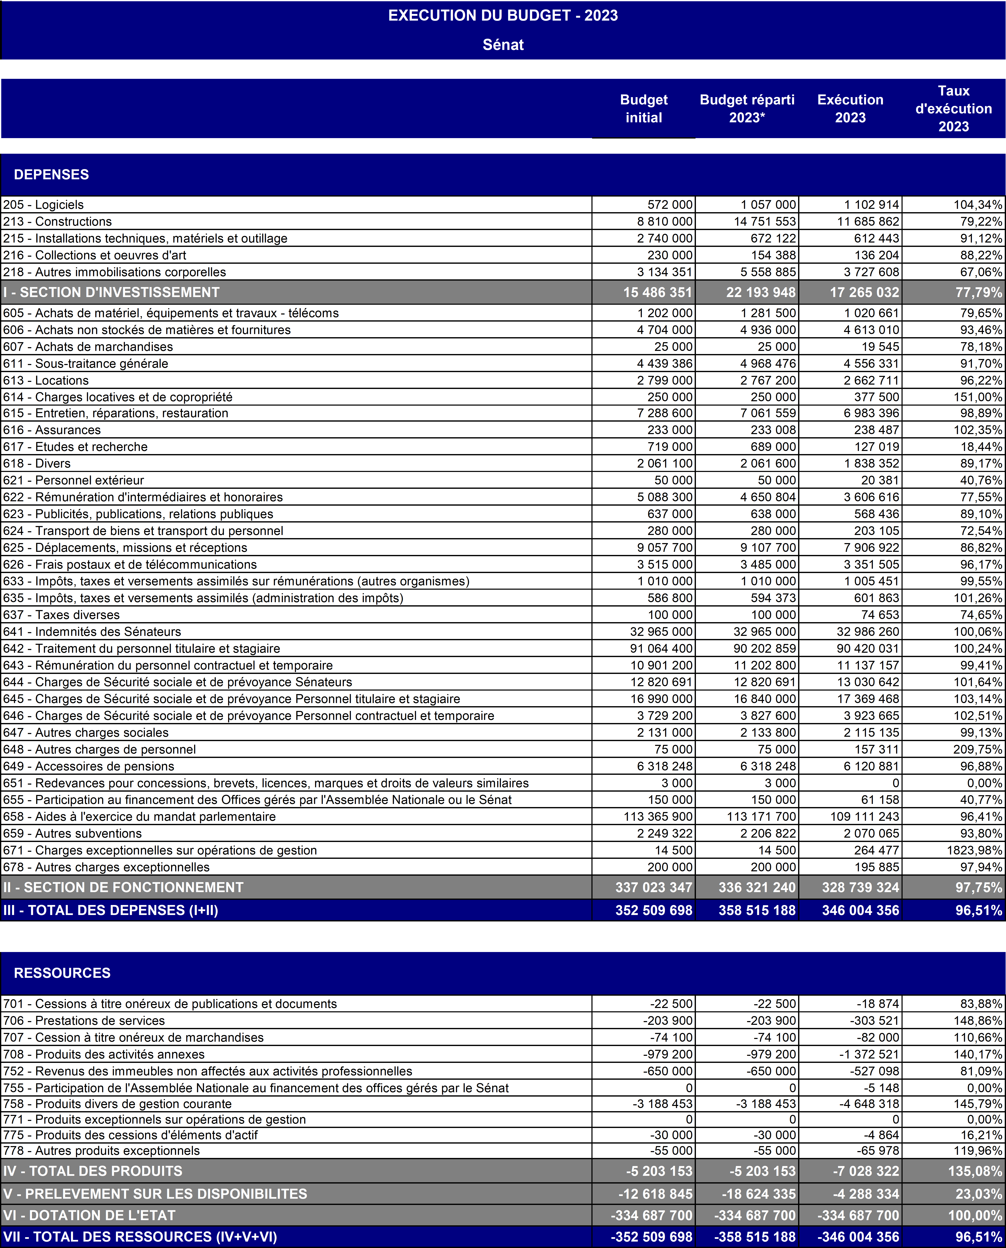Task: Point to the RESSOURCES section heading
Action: coord(62,973)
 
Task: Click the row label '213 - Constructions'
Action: coord(57,221)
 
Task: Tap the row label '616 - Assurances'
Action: coord(52,430)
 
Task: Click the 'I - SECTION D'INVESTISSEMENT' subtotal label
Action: coord(111,292)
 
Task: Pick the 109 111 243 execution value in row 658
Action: coord(863,817)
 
